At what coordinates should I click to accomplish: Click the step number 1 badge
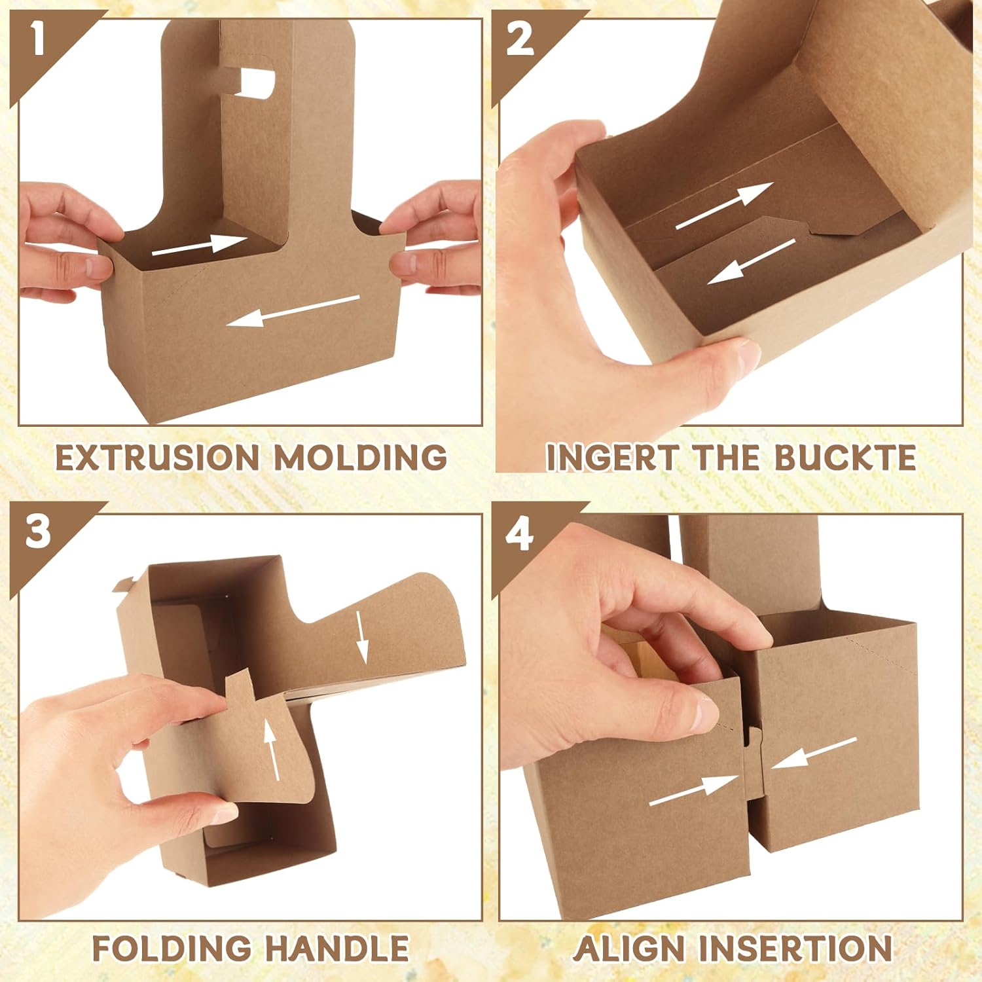point(38,40)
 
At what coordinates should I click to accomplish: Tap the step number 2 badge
point(520,40)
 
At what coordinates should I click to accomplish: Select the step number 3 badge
point(38,531)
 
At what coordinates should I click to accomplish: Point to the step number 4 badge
point(520,535)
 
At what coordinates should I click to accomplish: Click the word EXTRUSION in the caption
point(158,457)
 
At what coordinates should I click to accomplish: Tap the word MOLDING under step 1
point(361,457)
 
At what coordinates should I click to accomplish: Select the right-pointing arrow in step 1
point(199,244)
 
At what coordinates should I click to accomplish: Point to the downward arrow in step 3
point(362,636)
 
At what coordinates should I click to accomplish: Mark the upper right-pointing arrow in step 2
point(724,206)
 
